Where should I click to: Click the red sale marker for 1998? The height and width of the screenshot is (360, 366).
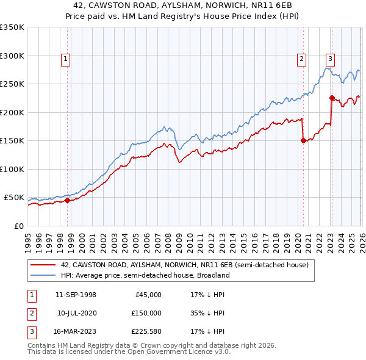tap(67, 200)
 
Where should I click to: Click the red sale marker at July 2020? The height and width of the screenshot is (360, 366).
tap(303, 140)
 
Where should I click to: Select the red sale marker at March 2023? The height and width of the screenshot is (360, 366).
tap(332, 98)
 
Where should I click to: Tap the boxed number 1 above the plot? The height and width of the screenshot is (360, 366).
tap(65, 59)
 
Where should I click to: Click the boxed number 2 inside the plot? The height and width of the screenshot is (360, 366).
tap(301, 59)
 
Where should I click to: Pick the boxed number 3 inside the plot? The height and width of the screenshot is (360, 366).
tap(330, 59)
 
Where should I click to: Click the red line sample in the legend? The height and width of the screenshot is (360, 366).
tap(43, 265)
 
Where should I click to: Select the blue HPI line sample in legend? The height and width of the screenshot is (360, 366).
tap(43, 275)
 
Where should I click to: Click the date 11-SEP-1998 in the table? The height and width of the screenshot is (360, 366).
tap(76, 295)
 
